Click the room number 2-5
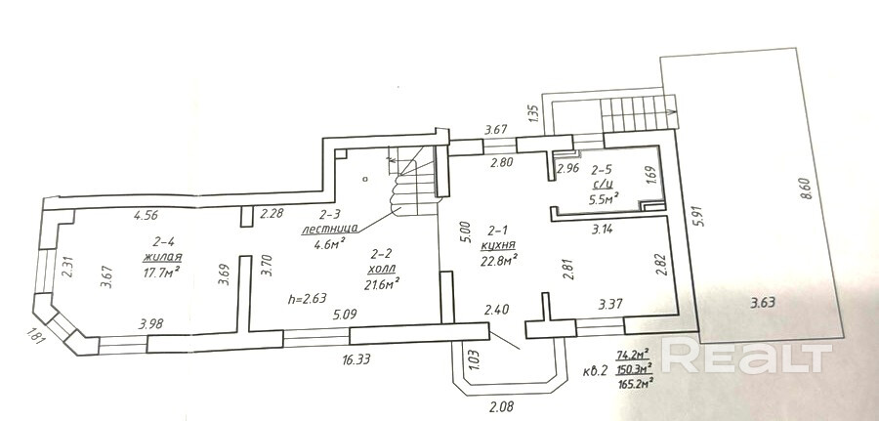tap(603, 167)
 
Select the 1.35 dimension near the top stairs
tap(532, 112)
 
